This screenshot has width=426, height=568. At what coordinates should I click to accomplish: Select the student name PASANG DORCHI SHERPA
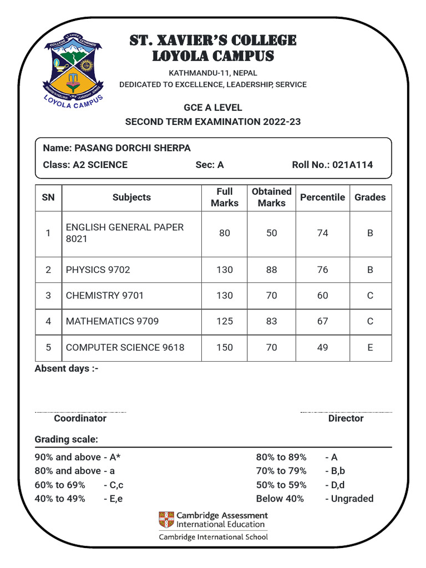point(132,148)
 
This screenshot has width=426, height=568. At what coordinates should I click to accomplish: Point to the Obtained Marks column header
point(271,197)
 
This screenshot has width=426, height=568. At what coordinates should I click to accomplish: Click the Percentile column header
point(322,197)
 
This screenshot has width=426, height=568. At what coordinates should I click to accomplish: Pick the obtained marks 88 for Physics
point(271,270)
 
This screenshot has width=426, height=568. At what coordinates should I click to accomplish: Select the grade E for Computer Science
point(370,348)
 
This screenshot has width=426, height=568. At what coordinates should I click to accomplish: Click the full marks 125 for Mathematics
point(224,321)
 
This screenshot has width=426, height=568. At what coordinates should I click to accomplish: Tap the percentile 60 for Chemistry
point(322,296)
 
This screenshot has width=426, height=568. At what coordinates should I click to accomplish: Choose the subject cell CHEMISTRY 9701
point(104,296)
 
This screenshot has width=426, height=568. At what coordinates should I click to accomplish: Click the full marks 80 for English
point(224,234)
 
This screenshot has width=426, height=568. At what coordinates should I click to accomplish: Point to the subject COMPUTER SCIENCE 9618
point(125,348)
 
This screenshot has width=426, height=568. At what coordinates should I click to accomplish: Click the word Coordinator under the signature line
point(80,419)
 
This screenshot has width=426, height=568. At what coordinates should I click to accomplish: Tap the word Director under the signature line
point(346,419)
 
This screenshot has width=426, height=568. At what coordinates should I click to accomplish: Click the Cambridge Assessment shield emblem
point(166,520)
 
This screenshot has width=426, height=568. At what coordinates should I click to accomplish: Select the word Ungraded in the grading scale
point(352,499)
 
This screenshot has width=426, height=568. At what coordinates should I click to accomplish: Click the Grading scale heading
point(66,440)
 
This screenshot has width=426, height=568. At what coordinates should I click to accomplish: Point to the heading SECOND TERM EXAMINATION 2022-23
point(213,121)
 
